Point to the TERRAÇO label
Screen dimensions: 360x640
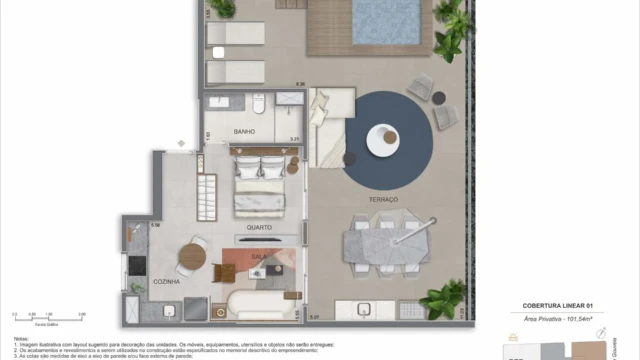pos(382,200)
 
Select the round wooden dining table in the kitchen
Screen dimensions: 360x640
pos(192,257)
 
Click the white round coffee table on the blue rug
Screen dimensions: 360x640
pos(383,140)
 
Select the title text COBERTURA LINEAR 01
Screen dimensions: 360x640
pos(558,304)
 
